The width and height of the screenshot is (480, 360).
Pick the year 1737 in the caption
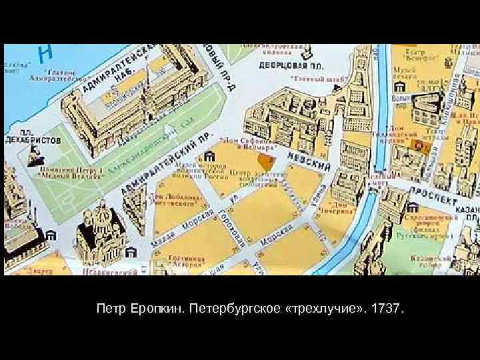(x=388, y=309)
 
